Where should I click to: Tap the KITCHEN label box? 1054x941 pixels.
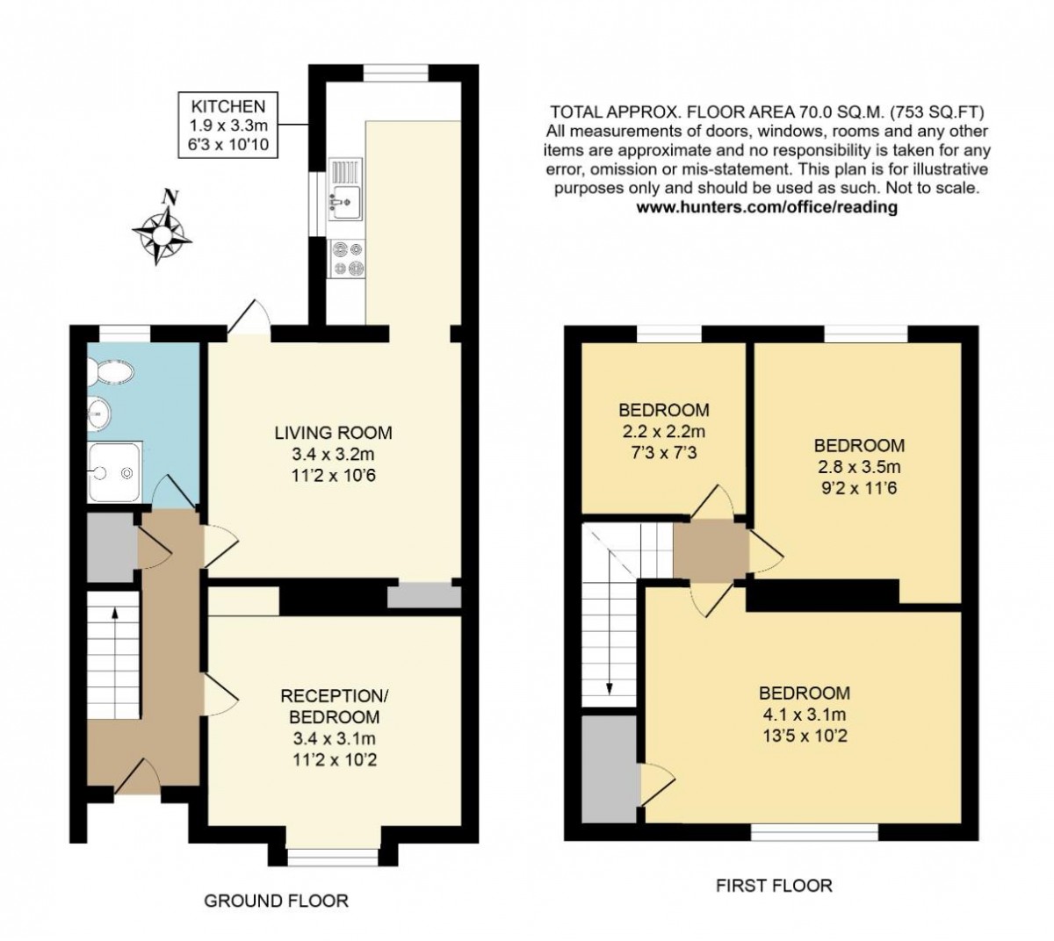[x=227, y=126]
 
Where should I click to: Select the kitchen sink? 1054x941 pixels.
[x=345, y=189]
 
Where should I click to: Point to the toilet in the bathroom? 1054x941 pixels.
[x=112, y=372]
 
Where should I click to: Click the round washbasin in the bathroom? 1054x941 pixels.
[x=98, y=413]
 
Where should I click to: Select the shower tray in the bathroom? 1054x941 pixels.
[x=115, y=472]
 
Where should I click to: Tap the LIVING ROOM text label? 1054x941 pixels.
[x=333, y=433]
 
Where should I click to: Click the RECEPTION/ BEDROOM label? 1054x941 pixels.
[x=334, y=707]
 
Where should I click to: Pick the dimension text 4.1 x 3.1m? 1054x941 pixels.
[x=804, y=715]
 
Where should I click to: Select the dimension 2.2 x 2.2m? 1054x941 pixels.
[x=664, y=432]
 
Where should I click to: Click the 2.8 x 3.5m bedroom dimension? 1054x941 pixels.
[x=859, y=467]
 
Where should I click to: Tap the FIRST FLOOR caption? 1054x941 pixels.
[x=774, y=886]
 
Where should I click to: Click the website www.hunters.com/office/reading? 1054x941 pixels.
[x=767, y=207]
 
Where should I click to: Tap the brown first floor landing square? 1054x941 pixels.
[x=711, y=550]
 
